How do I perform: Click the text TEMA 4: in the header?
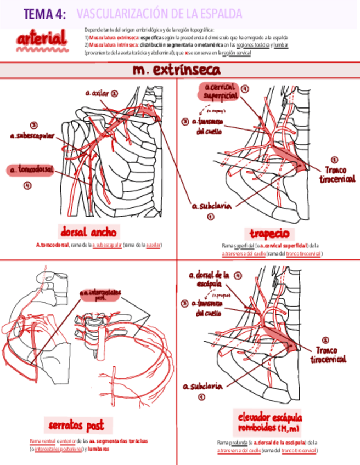pyautogui.click(x=44, y=15)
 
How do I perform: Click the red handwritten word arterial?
pyautogui.click(x=42, y=39)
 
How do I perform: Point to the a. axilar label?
pyautogui.click(x=97, y=93)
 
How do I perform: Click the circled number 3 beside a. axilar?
pyautogui.click(x=115, y=93)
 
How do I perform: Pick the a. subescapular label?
pyautogui.click(x=32, y=135)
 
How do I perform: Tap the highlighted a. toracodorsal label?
pyautogui.click(x=31, y=171)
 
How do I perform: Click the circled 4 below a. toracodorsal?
pyautogui.click(x=27, y=185)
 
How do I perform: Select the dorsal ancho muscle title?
pyautogui.click(x=88, y=231)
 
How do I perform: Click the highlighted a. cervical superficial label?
pyautogui.click(x=221, y=91)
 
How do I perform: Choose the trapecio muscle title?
pyautogui.click(x=269, y=233)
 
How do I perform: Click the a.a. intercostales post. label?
pyautogui.click(x=100, y=295)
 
